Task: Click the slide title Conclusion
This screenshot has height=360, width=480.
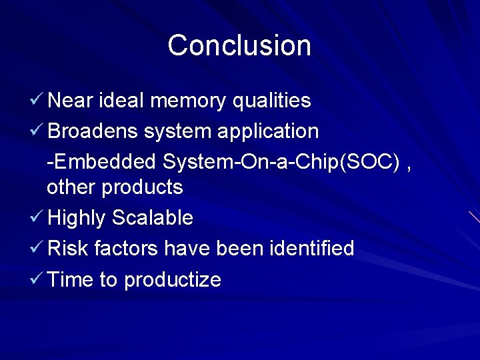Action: [239, 45]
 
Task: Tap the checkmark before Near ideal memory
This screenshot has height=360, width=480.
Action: [37, 100]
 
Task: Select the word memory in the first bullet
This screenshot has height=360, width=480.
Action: [189, 101]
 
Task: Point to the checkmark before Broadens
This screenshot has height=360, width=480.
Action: [37, 131]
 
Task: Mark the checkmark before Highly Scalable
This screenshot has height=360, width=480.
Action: [37, 217]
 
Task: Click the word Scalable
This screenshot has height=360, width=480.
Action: [153, 218]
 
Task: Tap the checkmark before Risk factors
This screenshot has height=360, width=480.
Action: [37, 248]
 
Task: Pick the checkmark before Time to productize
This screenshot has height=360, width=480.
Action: [37, 279]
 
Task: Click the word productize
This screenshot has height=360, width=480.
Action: [173, 280]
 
